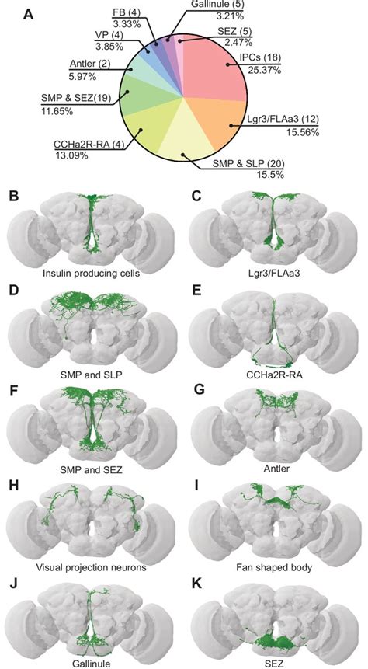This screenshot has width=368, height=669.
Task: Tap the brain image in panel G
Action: coord(274,423)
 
